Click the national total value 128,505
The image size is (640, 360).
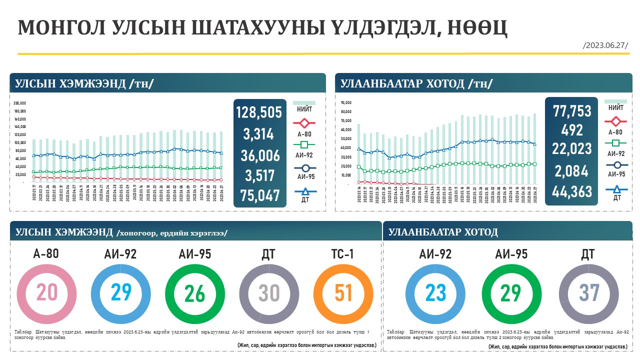259,112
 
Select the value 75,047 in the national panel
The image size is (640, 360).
259,195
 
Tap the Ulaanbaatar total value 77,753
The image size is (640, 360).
572,111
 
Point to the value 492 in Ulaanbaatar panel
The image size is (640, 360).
572,130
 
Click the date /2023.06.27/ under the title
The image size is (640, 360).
605,45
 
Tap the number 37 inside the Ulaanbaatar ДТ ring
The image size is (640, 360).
588,293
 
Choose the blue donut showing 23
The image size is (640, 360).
435,293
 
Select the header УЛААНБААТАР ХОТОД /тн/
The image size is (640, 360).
416,83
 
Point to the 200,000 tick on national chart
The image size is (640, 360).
20,103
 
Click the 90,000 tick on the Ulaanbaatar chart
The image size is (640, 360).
346,103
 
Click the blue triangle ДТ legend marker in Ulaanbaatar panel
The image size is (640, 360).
616,189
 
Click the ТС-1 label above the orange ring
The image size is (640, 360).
343,254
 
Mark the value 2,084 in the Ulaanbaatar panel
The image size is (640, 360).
572,171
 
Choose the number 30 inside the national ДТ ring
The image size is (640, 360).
269,293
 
